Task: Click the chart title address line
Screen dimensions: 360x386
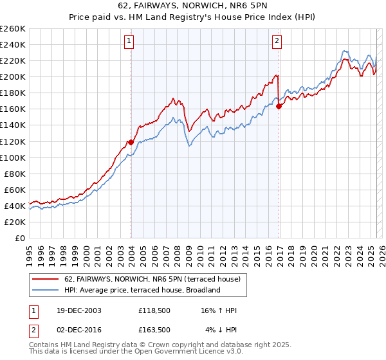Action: click(x=193, y=7)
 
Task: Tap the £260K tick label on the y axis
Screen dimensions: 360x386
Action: click(x=13, y=29)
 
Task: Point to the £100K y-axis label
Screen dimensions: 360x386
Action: click(x=13, y=157)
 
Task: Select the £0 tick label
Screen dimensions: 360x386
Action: click(x=19, y=238)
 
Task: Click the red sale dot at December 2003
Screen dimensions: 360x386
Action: click(x=131, y=142)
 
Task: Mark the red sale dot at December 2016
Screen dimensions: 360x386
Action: click(x=279, y=107)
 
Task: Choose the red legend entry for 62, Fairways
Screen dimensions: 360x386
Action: click(x=152, y=279)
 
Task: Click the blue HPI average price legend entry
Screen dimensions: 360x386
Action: click(x=142, y=290)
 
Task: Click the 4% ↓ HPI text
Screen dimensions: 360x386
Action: click(x=221, y=330)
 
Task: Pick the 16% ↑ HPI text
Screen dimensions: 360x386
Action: click(x=219, y=310)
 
